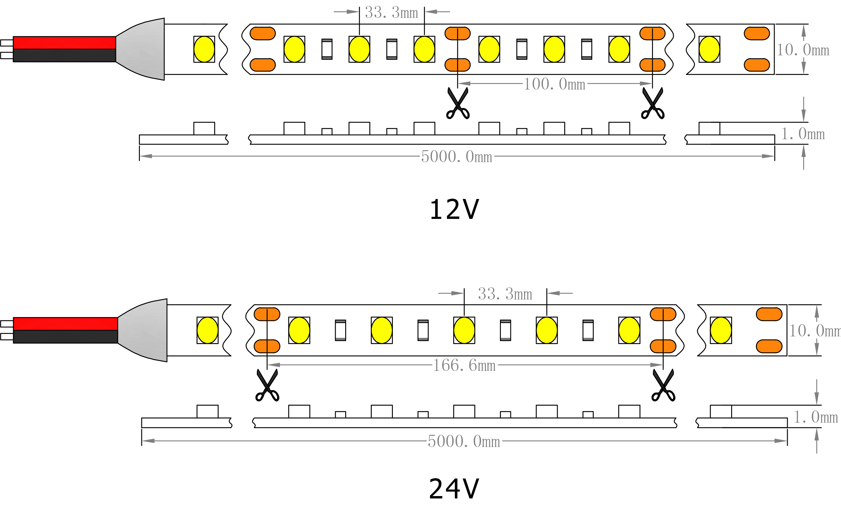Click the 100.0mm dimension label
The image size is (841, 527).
tap(554, 84)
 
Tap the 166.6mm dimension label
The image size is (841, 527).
tap(464, 365)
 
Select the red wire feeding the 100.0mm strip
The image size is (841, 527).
tap(65, 43)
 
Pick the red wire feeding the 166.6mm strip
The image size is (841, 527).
tap(65, 324)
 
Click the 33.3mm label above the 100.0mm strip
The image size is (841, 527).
tap(392, 13)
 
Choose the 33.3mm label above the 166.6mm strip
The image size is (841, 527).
tap(505, 294)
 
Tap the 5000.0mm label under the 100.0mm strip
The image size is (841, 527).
tap(457, 156)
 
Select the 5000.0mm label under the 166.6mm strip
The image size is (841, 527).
tap(464, 441)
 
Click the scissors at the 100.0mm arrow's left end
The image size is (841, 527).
tap(458, 103)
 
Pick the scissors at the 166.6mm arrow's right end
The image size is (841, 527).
tap(663, 385)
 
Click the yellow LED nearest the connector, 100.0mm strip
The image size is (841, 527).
tap(204, 49)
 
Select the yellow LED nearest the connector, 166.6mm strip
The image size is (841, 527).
tap(207, 330)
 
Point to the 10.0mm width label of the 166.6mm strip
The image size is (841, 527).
tap(815, 331)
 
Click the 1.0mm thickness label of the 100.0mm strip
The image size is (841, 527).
tap(803, 134)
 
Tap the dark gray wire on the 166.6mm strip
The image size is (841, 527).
tap(65, 337)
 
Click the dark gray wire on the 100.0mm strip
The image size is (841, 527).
tap(65, 55)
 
